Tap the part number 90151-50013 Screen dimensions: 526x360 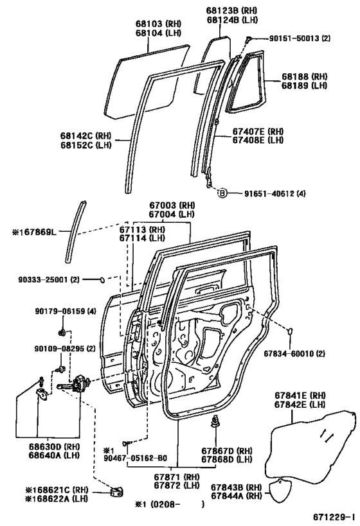point(287,39)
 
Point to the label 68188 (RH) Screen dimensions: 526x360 point(301,76)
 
